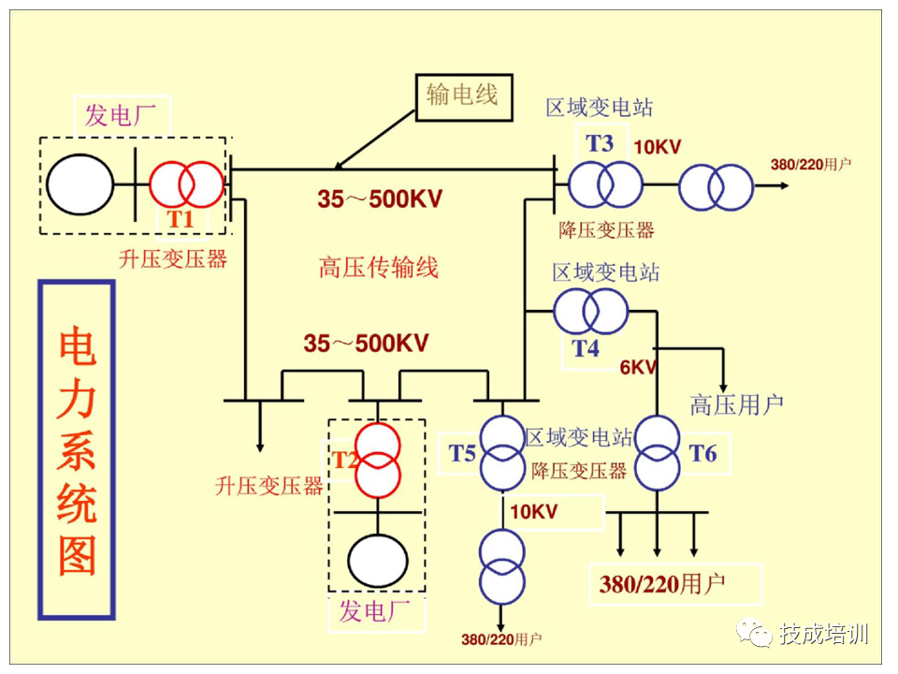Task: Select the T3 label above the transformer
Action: click(x=600, y=142)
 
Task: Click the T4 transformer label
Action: click(x=585, y=349)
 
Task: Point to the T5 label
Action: click(x=462, y=455)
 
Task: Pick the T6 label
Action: click(x=702, y=454)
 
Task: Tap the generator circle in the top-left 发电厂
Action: click(x=80, y=184)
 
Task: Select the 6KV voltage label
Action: click(x=638, y=367)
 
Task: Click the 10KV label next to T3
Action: click(x=658, y=147)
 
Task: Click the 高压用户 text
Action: click(x=736, y=405)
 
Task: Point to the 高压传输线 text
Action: click(x=378, y=269)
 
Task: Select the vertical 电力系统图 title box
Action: click(x=77, y=449)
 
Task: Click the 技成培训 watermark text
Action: click(x=823, y=634)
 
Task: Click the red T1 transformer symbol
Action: click(x=187, y=183)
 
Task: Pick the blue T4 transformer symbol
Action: click(x=589, y=313)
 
